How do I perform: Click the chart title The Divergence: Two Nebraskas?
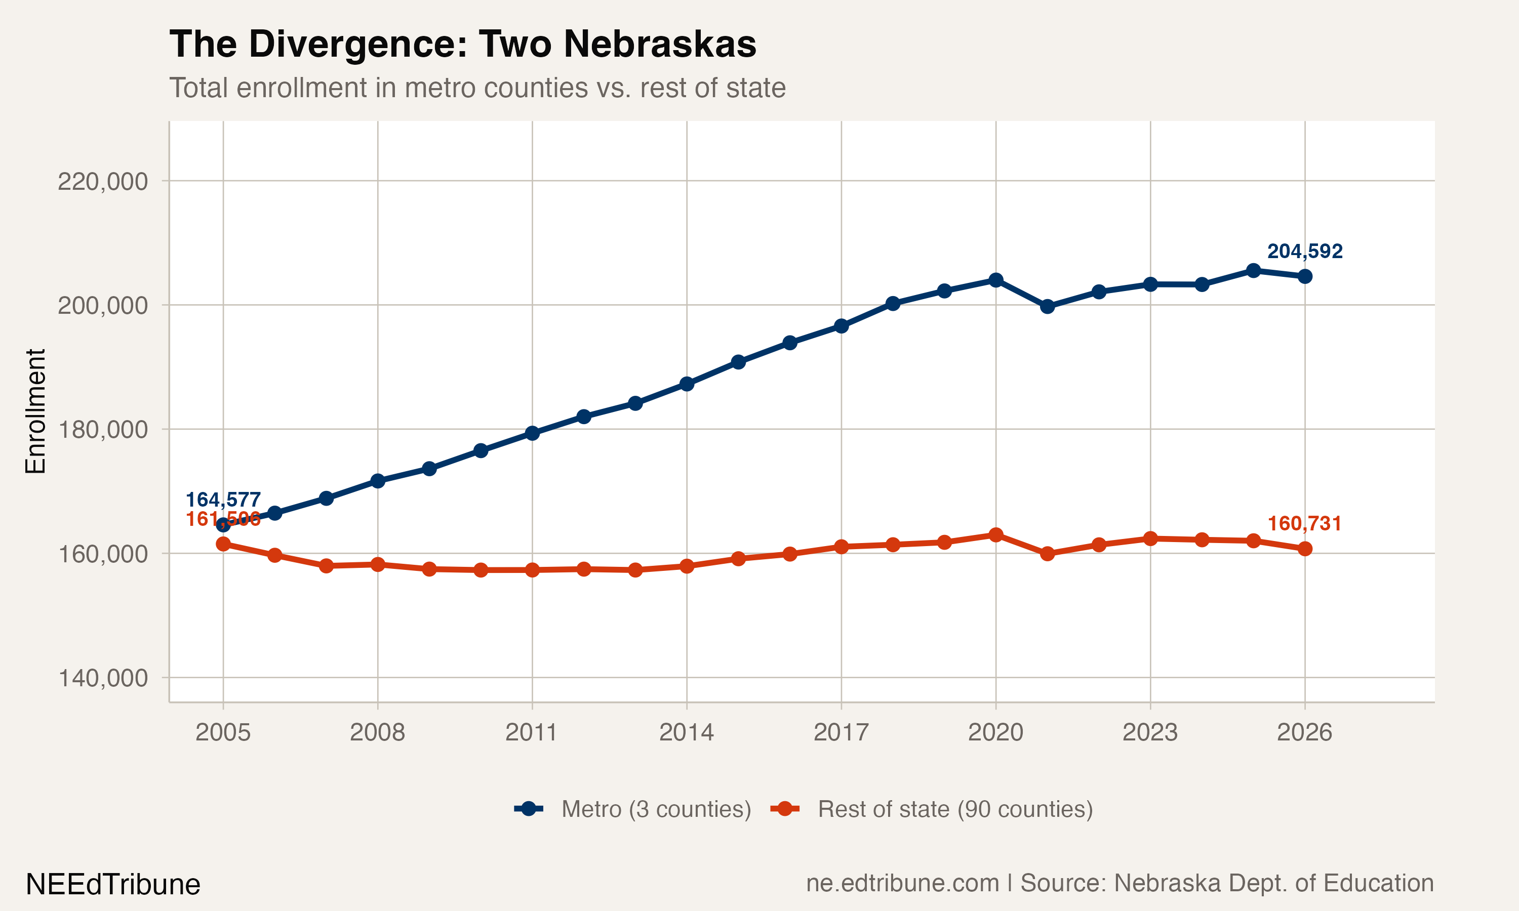(462, 45)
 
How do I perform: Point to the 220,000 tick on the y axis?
(103, 182)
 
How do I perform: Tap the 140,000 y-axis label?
(103, 678)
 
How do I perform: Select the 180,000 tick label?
(103, 430)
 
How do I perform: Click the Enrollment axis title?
(35, 411)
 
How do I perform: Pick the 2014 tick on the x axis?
(687, 732)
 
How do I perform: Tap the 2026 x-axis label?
(1304, 732)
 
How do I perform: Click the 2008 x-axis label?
(377, 732)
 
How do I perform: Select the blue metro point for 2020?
(996, 280)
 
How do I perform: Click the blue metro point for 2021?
(1048, 306)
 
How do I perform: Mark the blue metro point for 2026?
(1305, 277)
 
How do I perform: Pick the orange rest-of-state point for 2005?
(223, 544)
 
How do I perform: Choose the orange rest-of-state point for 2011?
(532, 570)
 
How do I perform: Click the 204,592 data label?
(1305, 252)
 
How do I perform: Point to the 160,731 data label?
(1304, 524)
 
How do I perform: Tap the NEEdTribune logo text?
(113, 885)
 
